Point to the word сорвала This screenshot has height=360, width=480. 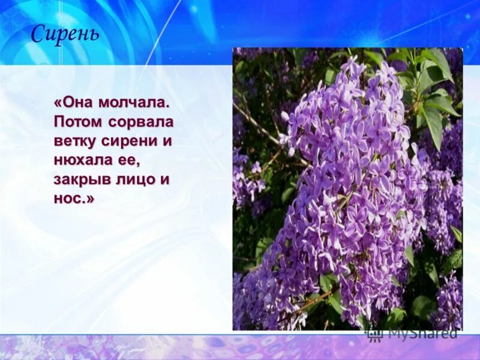[141, 122]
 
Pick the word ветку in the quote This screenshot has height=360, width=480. [75, 142]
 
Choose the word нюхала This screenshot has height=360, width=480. [81, 161]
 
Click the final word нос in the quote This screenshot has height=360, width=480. [68, 199]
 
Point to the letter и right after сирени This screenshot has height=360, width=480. [167, 142]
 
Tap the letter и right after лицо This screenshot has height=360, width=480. [167, 180]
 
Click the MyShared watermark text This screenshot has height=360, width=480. [422, 333]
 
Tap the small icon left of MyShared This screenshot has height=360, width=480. [374, 333]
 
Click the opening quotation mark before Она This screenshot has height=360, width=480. [58, 103]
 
